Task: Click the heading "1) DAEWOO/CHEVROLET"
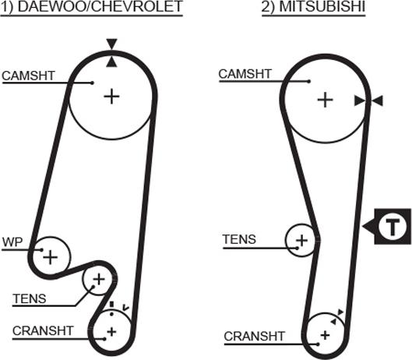(91, 6)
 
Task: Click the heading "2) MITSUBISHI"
(313, 6)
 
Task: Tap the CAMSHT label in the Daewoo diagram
(28, 76)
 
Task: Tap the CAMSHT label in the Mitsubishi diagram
(245, 74)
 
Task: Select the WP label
(12, 242)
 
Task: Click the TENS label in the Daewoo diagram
(30, 298)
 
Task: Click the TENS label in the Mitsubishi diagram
(239, 239)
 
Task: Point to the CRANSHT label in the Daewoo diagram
(43, 331)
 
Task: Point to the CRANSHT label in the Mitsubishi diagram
(255, 336)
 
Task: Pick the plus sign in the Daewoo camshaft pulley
(111, 97)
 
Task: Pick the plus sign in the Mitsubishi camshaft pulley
(326, 100)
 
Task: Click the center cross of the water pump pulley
(50, 257)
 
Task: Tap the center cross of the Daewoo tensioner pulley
(99, 279)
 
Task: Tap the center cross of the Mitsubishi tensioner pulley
(301, 240)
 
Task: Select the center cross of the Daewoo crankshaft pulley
(111, 332)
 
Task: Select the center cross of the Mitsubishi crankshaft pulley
(326, 335)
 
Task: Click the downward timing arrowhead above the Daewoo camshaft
(111, 44)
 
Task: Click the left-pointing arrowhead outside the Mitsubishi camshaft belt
(378, 101)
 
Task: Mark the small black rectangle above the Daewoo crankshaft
(111, 304)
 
